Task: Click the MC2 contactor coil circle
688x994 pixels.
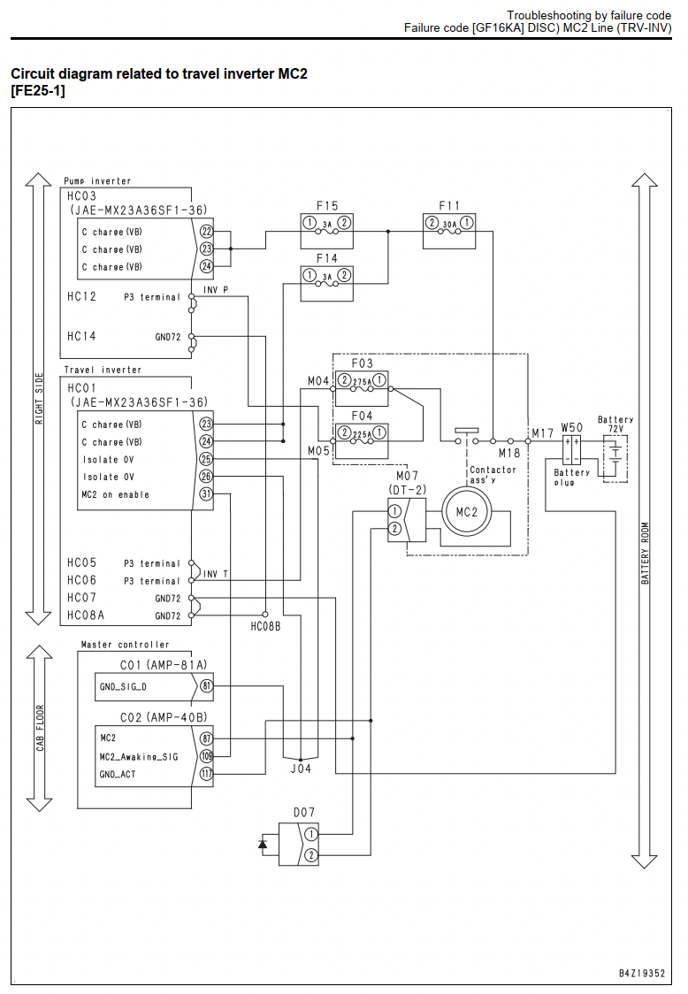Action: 467,512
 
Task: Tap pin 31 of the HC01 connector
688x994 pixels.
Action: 206,493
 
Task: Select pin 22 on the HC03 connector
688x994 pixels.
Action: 206,232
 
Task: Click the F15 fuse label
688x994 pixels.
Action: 327,205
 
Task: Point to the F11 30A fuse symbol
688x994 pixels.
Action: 449,224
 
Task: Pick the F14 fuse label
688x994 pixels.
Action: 327,258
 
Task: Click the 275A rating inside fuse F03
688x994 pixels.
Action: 362,382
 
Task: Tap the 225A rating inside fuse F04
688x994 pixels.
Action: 362,434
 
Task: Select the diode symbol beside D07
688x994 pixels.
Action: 263,844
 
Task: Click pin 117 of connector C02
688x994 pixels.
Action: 206,774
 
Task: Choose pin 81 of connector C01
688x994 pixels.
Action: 206,685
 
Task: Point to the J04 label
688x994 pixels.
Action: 301,769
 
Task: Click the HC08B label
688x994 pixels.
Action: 265,626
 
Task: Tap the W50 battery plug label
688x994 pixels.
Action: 571,427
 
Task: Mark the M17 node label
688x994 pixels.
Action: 543,433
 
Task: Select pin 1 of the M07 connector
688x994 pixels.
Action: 394,511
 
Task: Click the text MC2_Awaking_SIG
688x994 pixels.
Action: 139,757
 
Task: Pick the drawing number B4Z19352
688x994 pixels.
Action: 642,973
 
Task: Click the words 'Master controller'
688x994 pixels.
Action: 125,645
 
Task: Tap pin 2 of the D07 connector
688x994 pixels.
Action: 310,855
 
